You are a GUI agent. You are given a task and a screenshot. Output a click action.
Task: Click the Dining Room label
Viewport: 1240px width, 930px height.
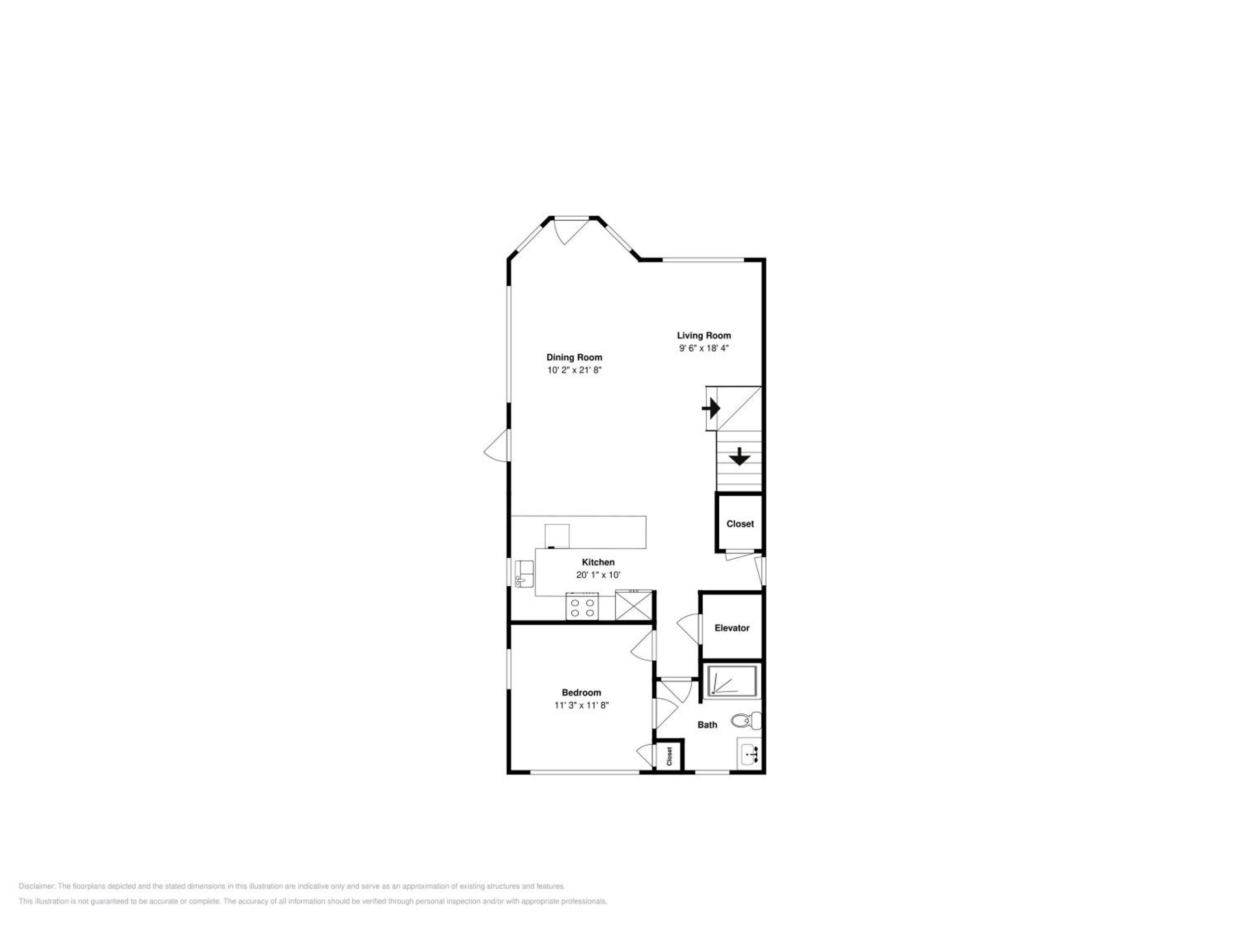click(574, 357)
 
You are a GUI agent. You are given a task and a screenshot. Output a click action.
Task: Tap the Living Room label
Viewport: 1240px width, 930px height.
click(703, 335)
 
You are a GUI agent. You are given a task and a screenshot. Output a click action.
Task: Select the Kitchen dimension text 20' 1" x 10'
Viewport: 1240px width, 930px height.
click(598, 575)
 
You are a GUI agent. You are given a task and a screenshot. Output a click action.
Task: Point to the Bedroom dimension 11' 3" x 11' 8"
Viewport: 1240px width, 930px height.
click(581, 705)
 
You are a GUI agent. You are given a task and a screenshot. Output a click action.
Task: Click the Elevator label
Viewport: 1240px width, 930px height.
click(732, 628)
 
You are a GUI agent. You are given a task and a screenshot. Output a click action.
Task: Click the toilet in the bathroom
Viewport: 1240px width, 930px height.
click(746, 720)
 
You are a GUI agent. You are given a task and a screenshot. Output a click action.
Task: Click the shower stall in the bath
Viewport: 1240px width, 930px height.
click(731, 682)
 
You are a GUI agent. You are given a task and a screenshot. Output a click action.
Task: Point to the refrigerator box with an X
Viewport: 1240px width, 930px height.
click(634, 606)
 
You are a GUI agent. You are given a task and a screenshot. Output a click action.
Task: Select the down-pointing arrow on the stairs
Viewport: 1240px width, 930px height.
click(740, 456)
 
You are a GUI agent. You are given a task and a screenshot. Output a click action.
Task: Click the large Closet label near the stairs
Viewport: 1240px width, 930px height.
click(740, 524)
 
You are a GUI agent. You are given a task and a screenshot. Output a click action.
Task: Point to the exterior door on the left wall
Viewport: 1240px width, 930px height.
click(497, 445)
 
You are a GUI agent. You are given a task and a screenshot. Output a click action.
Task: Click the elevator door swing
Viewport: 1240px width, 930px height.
click(689, 628)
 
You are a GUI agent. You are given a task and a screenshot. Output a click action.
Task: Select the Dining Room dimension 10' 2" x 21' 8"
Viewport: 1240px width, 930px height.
click(574, 370)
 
